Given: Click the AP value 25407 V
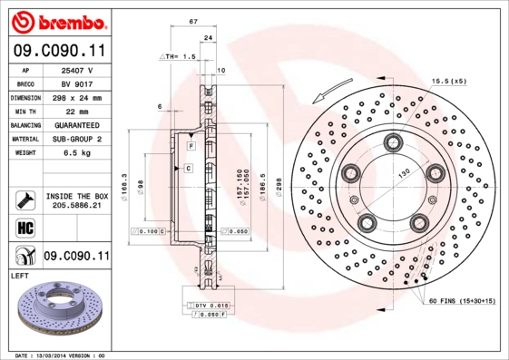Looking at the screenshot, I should [77, 69].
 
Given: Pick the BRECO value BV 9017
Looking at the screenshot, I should [77, 83].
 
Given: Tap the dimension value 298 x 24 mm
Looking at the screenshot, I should [77, 96].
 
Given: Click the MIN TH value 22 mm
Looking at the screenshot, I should [77, 110].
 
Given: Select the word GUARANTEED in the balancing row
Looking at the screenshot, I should [77, 124].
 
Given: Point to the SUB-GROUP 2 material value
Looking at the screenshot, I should [77, 139].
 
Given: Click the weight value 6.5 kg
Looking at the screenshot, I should [77, 153].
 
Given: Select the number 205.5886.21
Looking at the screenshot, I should [77, 207].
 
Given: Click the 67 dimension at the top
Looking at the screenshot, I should [194, 21].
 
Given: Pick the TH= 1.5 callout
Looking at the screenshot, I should [180, 56].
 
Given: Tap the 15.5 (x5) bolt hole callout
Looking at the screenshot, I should [449, 81].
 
